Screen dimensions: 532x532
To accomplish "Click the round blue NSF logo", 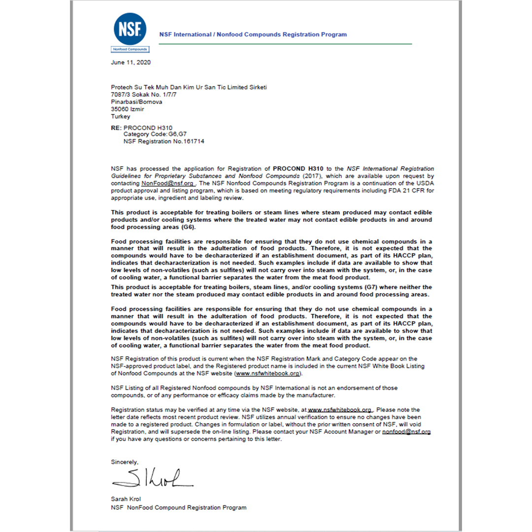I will [x=130, y=29].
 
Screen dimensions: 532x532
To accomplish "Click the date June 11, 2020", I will [x=131, y=63].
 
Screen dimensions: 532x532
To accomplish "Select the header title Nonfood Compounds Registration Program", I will [x=253, y=34].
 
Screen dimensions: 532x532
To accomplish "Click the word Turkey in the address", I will [x=121, y=117].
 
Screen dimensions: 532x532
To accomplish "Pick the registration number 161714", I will [x=194, y=141].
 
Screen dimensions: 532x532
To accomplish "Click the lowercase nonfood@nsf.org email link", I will [x=406, y=432].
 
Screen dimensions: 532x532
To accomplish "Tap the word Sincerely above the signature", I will [x=125, y=462].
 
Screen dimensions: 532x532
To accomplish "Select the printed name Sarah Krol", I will [x=126, y=499].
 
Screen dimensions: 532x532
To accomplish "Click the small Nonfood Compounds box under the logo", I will [x=130, y=49].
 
